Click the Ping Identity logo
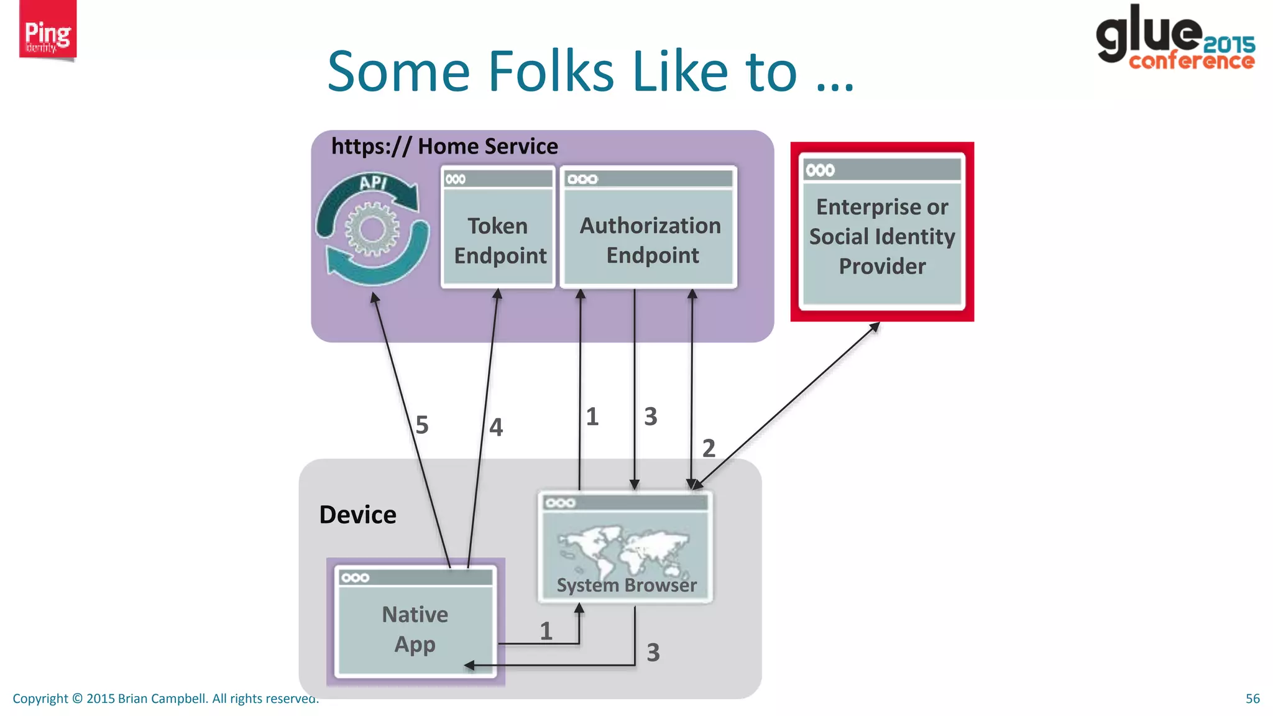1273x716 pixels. pyautogui.click(x=48, y=31)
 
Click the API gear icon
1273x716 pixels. pyautogui.click(x=372, y=229)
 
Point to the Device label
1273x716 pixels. pyautogui.click(x=357, y=515)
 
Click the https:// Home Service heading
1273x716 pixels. pyautogui.click(x=444, y=146)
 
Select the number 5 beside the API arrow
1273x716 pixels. pyautogui.click(x=422, y=425)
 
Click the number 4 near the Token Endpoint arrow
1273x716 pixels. pyautogui.click(x=496, y=427)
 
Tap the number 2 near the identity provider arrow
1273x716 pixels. pyautogui.click(x=709, y=448)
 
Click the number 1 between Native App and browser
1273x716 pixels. pyautogui.click(x=546, y=631)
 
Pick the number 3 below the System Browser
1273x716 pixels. pyautogui.click(x=653, y=653)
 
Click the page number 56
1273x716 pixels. pyautogui.click(x=1252, y=699)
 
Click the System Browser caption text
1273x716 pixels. pyautogui.click(x=627, y=585)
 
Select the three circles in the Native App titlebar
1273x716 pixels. pyautogui.click(x=356, y=577)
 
